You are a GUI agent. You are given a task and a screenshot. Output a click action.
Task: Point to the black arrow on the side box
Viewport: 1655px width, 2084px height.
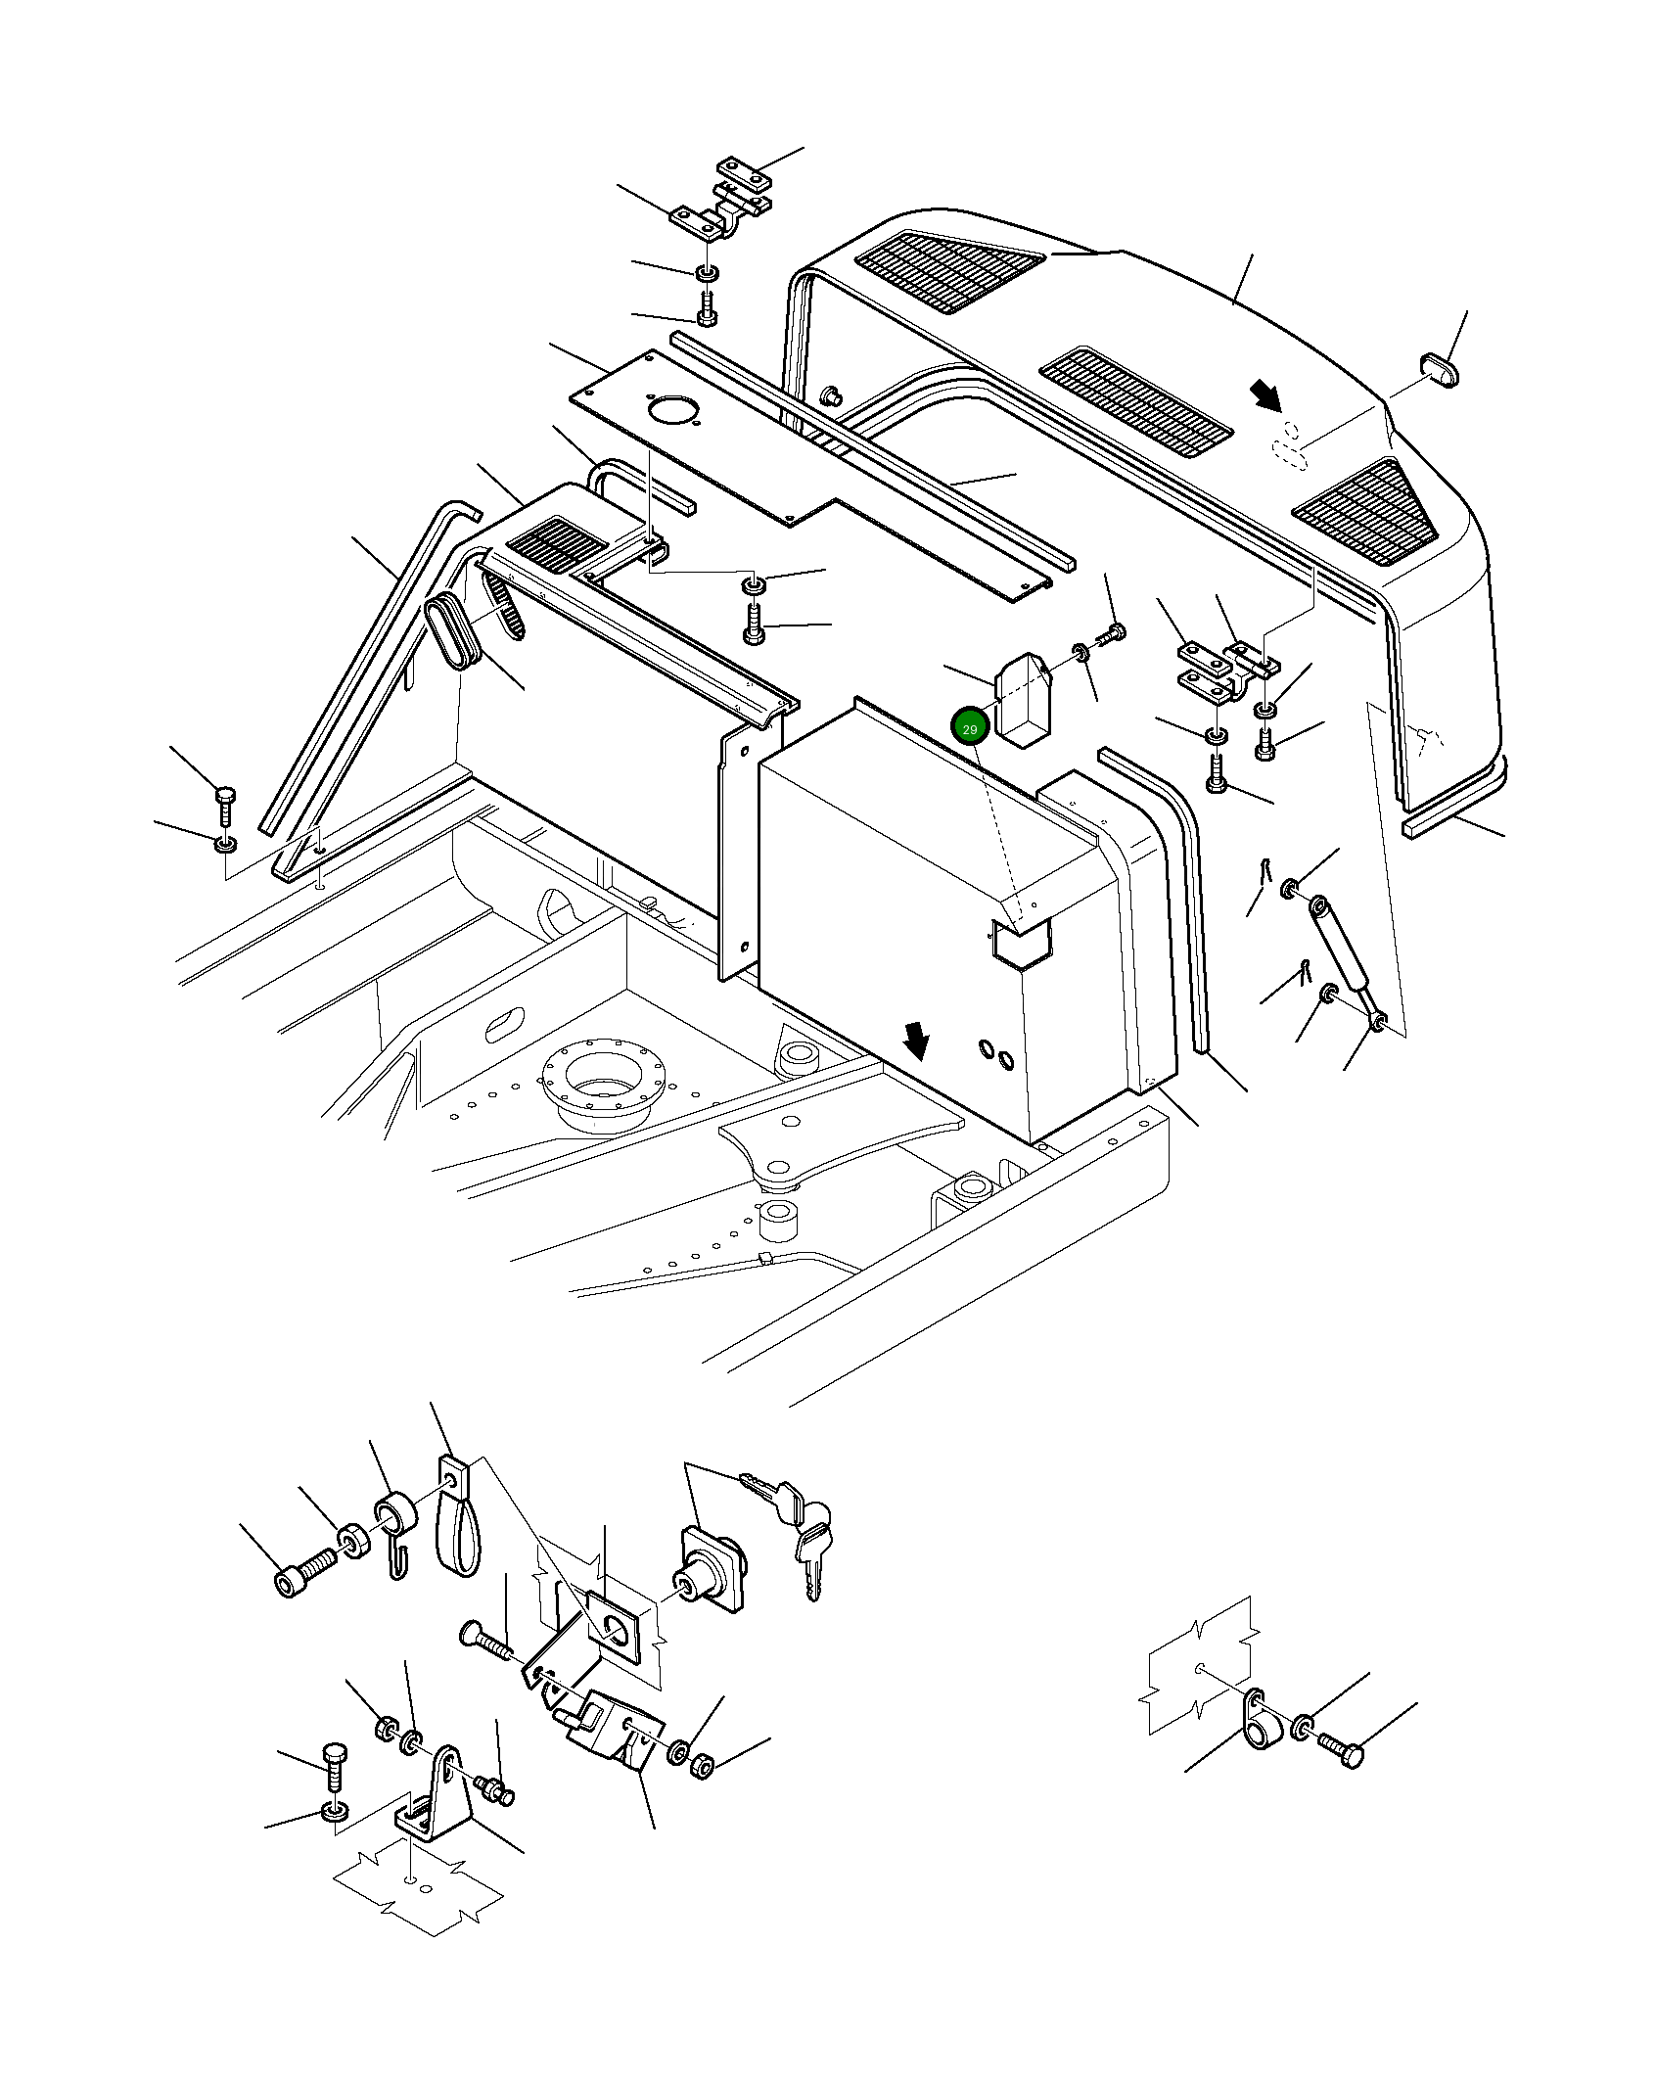click(916, 1041)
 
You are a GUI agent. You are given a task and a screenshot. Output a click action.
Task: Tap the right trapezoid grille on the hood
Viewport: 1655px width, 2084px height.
click(1368, 513)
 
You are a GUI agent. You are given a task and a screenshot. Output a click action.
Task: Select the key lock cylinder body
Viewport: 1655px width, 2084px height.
click(712, 1571)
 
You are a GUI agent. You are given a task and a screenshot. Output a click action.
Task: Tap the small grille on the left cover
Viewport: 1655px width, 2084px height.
click(556, 546)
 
